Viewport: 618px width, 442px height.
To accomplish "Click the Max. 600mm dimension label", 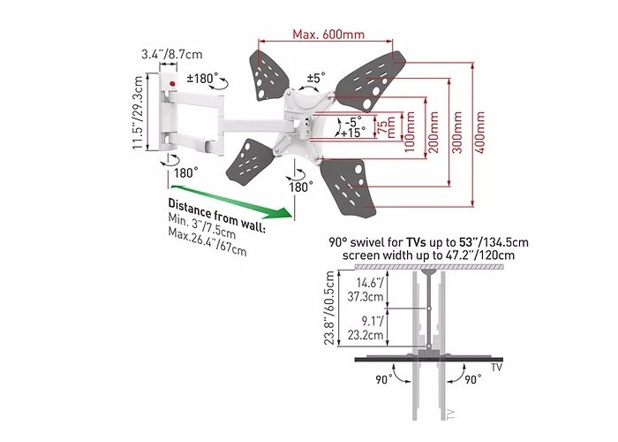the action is (328, 34).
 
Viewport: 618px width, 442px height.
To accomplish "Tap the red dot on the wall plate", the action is (172, 84).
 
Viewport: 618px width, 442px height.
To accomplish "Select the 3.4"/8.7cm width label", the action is (172, 54).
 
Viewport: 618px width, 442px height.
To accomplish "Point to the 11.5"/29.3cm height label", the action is (138, 112).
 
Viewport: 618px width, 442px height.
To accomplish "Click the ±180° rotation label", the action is (202, 78).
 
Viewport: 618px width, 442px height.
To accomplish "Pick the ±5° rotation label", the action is (316, 77).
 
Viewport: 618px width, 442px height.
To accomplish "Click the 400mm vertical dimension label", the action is (479, 133).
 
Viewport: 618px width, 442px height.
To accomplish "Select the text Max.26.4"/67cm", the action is (207, 242).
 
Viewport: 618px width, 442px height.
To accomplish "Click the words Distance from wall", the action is (217, 215).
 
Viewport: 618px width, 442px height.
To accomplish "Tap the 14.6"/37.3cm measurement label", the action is (366, 289).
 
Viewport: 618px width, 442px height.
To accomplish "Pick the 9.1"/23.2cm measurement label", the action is (366, 328).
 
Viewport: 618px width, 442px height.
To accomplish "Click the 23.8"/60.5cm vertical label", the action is (329, 309).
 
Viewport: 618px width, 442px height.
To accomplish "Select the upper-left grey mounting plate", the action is (268, 75).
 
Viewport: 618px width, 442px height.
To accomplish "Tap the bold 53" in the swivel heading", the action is (467, 241).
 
